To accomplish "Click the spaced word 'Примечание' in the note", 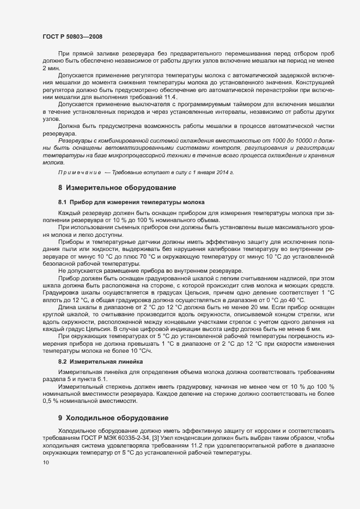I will click(80, 173).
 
